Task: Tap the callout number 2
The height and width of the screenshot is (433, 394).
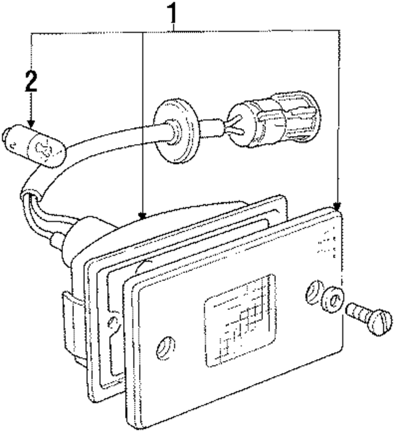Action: coord(31,81)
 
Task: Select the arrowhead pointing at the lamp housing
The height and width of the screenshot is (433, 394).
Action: coord(143,215)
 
